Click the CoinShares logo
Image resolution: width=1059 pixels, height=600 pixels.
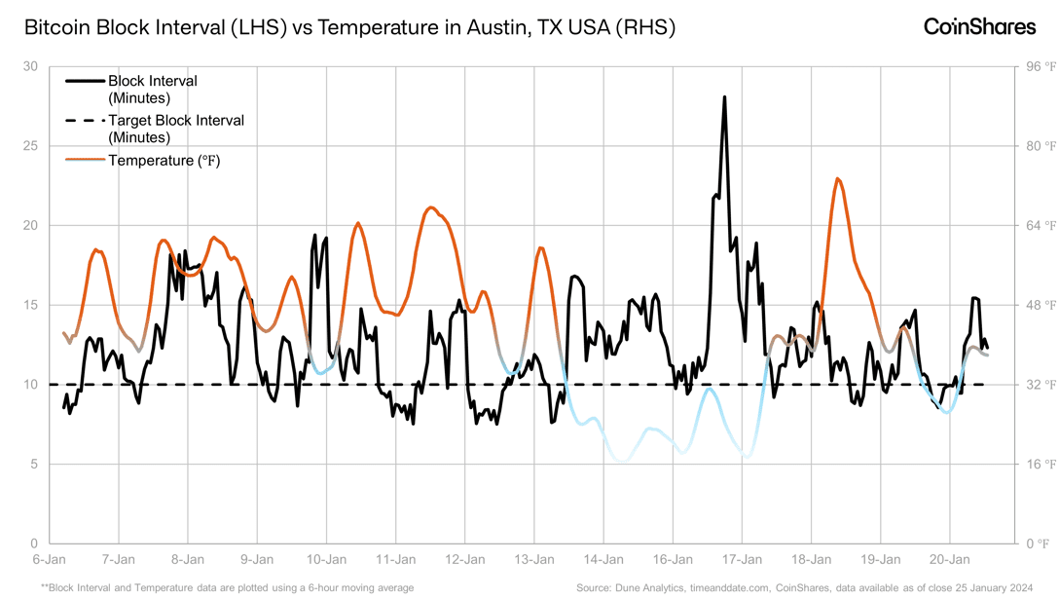click(x=979, y=27)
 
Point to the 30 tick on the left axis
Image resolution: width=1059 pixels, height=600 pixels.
click(x=30, y=66)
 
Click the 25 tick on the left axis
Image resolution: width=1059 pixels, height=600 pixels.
click(x=30, y=146)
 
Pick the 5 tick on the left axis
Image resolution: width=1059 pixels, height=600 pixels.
click(x=33, y=464)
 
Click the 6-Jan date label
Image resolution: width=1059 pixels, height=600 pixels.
click(x=50, y=560)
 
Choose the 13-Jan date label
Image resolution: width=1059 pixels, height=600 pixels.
click(x=534, y=560)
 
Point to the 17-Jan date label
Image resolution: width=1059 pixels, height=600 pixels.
click(x=743, y=560)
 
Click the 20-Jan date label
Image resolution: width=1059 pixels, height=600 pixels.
click(x=950, y=560)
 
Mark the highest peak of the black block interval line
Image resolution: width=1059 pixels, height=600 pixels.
click(x=724, y=97)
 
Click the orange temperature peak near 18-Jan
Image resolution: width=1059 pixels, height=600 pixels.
click(x=837, y=178)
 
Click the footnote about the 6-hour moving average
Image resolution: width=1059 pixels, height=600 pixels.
click(x=227, y=587)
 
